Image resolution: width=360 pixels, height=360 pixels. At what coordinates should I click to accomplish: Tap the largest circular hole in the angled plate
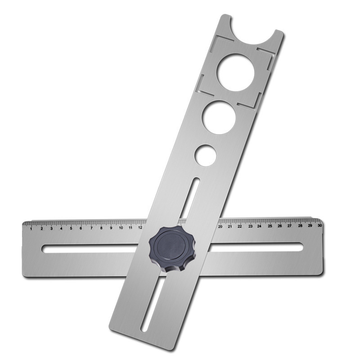[236, 72]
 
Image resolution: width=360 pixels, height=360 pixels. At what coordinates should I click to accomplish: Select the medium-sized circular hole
[219, 117]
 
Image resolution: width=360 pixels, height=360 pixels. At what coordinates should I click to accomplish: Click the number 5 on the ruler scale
[71, 228]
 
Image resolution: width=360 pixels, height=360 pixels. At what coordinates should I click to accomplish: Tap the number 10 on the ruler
[121, 228]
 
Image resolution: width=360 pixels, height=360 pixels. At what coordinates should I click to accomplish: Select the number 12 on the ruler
[140, 228]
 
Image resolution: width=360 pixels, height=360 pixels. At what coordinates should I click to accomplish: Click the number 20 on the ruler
[220, 226]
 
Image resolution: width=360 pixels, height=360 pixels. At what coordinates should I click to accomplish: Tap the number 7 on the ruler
[91, 228]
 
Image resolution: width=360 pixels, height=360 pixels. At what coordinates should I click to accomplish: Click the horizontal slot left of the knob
[94, 248]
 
